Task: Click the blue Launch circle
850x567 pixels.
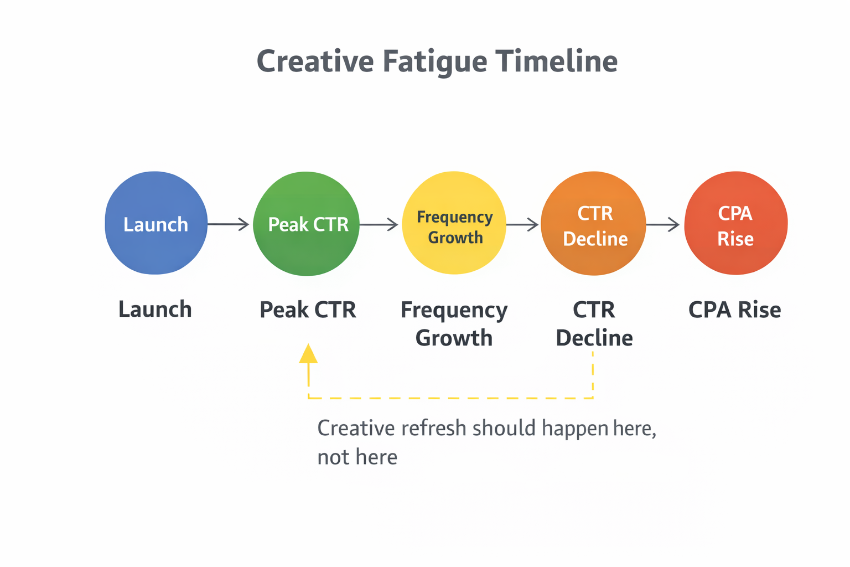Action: [156, 223]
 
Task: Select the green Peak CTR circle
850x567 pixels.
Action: [306, 224]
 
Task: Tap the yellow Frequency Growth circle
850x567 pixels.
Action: [454, 223]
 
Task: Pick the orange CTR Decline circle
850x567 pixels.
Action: [593, 224]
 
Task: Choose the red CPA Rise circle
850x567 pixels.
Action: [735, 223]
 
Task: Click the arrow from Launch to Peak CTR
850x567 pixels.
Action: [229, 224]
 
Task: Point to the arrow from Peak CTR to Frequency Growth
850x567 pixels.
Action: [379, 224]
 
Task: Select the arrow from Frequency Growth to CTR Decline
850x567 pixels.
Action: [522, 224]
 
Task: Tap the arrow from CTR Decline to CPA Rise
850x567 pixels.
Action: [663, 224]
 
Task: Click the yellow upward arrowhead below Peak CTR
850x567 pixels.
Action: [308, 354]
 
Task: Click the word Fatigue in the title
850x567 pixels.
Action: [434, 61]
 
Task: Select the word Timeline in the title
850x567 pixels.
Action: [556, 61]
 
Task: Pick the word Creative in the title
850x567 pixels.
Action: [315, 61]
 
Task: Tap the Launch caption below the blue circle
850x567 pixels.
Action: [155, 310]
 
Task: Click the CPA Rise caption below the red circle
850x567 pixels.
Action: [734, 310]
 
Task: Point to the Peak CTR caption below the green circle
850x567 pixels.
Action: [308, 310]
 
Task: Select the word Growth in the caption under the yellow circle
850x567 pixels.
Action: [454, 338]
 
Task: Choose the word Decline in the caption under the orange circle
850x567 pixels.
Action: [594, 338]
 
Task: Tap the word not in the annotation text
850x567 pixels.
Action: [333, 457]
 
